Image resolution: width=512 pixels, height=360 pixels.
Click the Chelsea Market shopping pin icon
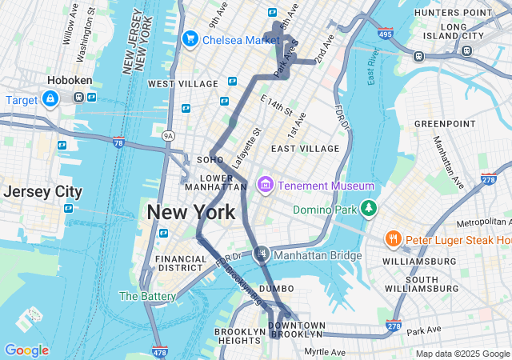coord(190,38)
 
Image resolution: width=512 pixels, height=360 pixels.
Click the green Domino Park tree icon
coord(368,209)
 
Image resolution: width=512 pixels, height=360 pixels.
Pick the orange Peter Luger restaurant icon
coord(393,238)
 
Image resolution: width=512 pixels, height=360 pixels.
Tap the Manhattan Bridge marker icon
coord(262,254)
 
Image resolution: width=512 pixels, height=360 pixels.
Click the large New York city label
coord(190,212)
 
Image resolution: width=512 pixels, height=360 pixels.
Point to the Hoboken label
coord(70,81)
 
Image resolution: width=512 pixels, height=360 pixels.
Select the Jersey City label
coord(42,192)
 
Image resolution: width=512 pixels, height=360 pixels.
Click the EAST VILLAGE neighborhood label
coord(305,149)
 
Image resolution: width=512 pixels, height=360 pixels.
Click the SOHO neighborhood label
coord(210,160)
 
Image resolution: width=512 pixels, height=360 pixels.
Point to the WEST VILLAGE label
coord(182,84)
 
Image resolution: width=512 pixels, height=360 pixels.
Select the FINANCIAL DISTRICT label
coord(182,264)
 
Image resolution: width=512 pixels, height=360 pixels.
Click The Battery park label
coord(147,296)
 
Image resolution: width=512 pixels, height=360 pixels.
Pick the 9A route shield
coord(167,136)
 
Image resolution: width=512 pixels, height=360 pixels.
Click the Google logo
coord(26,350)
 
